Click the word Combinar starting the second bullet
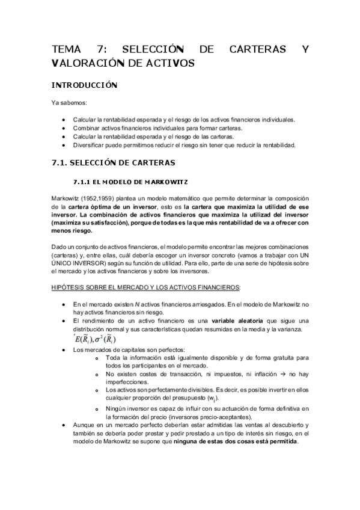(x=87, y=129)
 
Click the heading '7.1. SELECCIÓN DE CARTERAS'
(x=113, y=162)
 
